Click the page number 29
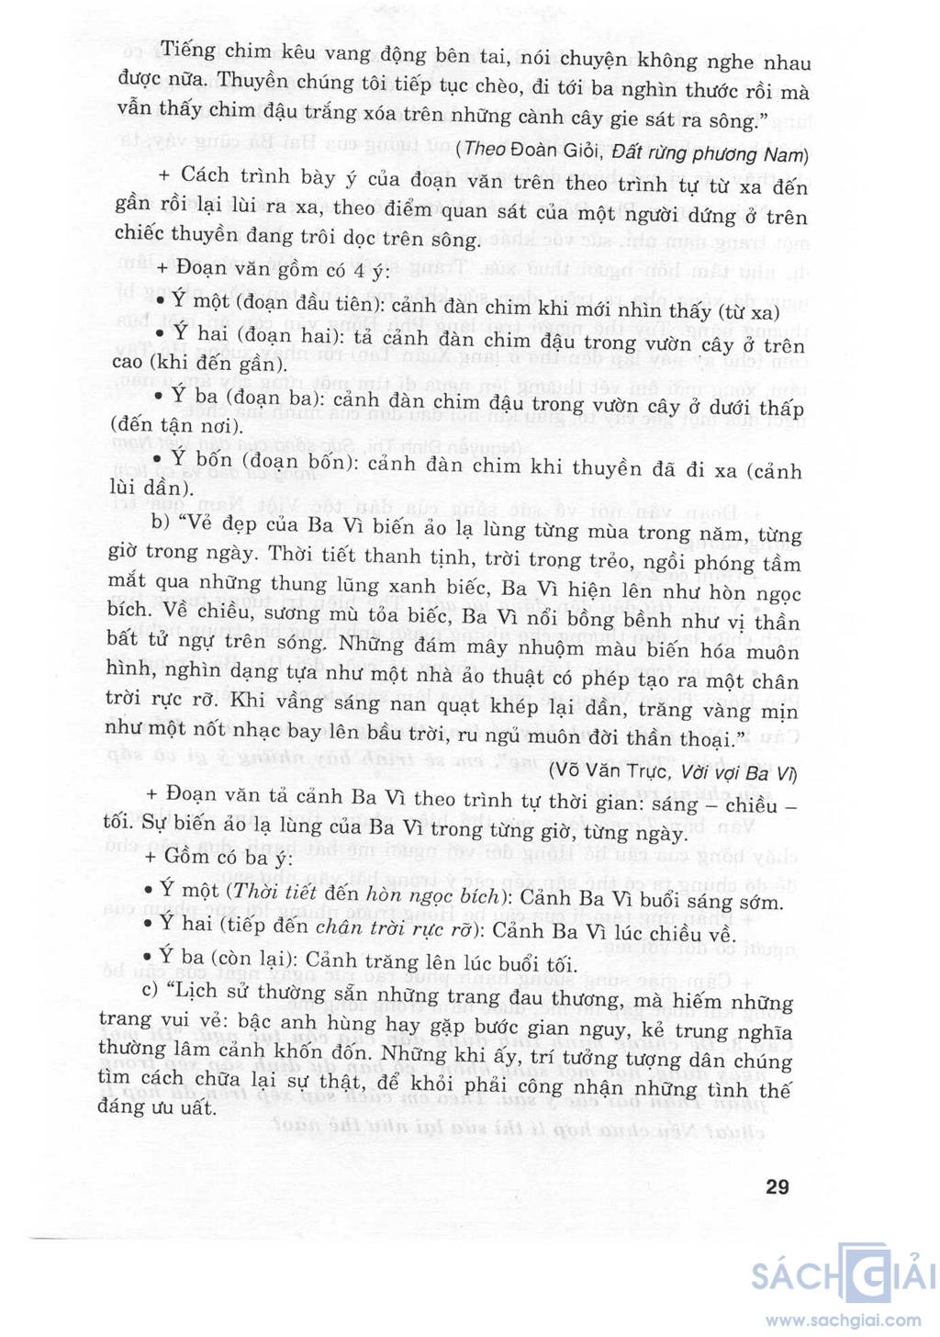(777, 1186)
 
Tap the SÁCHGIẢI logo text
(842, 1275)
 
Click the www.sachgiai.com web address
(843, 1320)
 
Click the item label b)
(162, 522)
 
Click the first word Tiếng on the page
(187, 51)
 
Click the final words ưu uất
(183, 1107)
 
